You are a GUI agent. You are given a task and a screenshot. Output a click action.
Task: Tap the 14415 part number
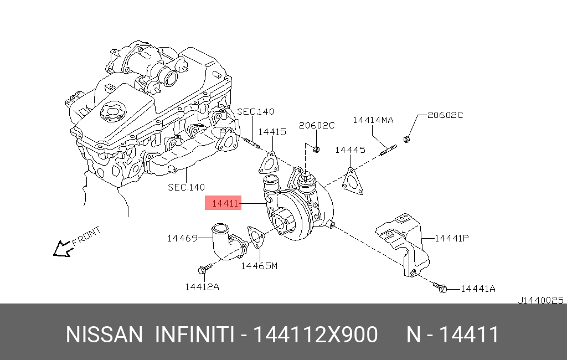(x=272, y=132)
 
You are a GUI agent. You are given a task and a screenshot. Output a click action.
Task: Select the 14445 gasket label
(x=350, y=150)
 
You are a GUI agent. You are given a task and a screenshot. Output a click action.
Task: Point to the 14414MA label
(x=373, y=120)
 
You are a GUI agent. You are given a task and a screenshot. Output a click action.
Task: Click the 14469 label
(x=182, y=238)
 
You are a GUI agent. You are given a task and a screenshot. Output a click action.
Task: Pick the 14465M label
(x=259, y=266)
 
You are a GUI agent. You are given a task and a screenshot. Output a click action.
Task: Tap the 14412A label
(x=202, y=287)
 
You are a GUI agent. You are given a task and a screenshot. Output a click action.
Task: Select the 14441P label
(x=452, y=238)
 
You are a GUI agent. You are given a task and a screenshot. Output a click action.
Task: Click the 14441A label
(x=478, y=289)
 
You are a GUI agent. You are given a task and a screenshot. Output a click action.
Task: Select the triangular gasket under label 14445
(x=352, y=181)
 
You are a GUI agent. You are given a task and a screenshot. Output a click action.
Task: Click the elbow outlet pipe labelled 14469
(x=228, y=241)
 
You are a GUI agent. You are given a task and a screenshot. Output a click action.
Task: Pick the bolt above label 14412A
(x=205, y=269)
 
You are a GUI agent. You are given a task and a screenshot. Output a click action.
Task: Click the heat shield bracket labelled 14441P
(x=404, y=244)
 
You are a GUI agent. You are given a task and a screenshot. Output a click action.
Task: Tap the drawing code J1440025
(x=540, y=300)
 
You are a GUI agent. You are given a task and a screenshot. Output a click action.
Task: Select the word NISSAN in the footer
(x=104, y=335)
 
